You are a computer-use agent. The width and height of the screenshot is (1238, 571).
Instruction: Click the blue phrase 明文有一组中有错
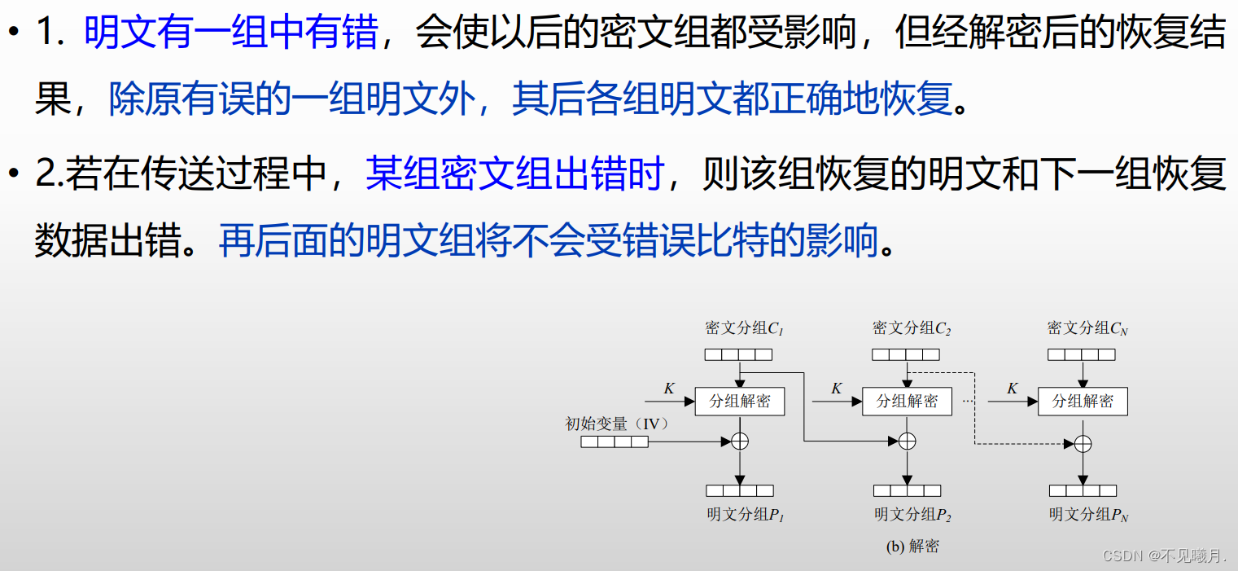[x=230, y=34]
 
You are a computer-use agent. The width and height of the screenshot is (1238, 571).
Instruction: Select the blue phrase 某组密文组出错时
[x=514, y=173]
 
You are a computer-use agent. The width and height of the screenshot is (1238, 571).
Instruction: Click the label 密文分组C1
[x=744, y=329]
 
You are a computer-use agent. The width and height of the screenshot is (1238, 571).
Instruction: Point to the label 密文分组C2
[x=912, y=329]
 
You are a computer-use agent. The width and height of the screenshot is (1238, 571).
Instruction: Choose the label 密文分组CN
[x=1087, y=329]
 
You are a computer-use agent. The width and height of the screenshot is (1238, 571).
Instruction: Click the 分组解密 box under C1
[x=739, y=402]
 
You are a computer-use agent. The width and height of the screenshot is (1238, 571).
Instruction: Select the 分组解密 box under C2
[x=907, y=402]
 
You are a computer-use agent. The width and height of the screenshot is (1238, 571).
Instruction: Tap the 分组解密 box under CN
[x=1083, y=402]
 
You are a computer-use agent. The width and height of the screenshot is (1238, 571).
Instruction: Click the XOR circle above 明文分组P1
[x=740, y=441]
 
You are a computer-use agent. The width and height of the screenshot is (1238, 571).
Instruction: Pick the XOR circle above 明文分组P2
[x=907, y=441]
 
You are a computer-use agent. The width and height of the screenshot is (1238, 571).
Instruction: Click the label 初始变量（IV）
[x=617, y=424]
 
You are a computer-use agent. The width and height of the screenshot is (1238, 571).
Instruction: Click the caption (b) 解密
[x=912, y=547]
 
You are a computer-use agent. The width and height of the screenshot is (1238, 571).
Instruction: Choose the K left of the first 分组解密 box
[x=669, y=389]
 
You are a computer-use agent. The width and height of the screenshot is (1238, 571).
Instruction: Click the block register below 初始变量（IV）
[x=615, y=441]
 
